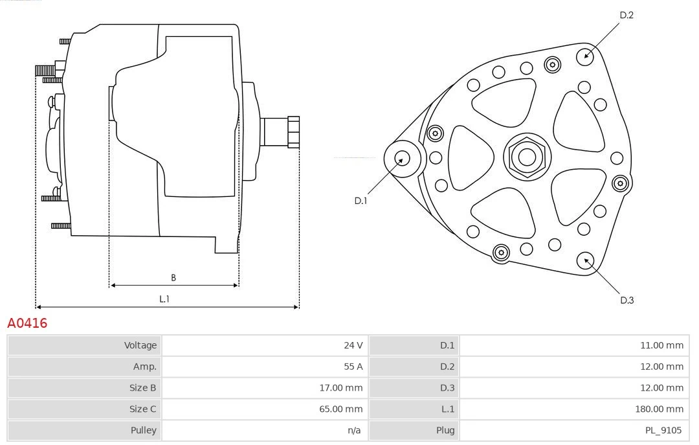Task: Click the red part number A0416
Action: [27, 323]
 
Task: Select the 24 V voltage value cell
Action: [353, 345]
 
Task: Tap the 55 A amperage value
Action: [353, 367]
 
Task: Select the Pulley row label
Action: [143, 430]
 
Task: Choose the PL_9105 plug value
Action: [663, 430]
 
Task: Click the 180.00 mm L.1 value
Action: [659, 409]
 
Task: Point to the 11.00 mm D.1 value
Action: [661, 345]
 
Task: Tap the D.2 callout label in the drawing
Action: [626, 16]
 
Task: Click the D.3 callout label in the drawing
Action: [627, 300]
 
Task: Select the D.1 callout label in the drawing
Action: [361, 201]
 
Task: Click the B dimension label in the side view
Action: [173, 278]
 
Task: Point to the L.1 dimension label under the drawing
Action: [164, 299]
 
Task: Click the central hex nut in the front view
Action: [526, 157]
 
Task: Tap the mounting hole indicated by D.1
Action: [402, 157]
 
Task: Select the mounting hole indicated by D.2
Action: [586, 55]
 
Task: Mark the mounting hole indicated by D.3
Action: [586, 260]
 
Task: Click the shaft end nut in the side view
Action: [293, 132]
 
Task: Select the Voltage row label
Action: [140, 345]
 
